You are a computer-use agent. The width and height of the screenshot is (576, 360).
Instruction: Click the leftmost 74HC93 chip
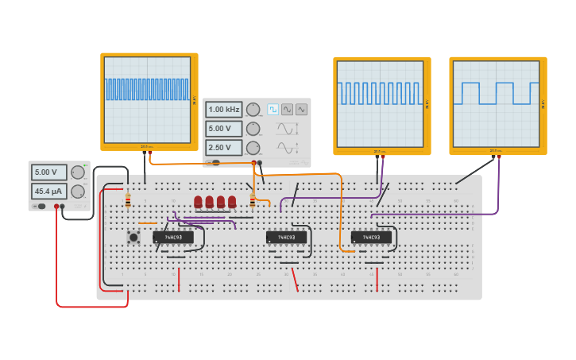tap(173, 237)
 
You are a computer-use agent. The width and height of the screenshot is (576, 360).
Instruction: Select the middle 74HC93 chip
tap(286, 237)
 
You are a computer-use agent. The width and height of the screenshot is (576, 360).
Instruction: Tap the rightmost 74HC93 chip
tap(371, 237)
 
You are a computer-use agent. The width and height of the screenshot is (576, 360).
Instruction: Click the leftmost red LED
tap(198, 202)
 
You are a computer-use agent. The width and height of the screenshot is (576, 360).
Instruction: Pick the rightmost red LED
tap(232, 202)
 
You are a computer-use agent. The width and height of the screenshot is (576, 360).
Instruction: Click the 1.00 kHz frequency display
tap(224, 110)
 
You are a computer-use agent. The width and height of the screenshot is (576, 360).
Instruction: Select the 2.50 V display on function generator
tap(224, 148)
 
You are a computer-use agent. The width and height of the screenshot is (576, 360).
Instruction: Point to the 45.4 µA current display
tap(48, 192)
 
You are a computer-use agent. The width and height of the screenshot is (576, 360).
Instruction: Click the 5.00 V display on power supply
tap(48, 172)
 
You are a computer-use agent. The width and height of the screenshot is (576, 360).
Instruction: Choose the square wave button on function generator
tap(273, 110)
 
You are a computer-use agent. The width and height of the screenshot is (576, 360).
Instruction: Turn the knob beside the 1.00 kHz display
tap(253, 110)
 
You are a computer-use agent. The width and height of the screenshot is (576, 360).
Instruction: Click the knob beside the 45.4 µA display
tap(78, 192)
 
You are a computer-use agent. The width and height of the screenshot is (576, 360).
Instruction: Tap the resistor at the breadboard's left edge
tap(128, 200)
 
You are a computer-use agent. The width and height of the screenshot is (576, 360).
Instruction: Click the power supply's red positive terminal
tap(56, 207)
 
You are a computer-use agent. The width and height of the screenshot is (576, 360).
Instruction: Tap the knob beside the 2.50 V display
tap(253, 148)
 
